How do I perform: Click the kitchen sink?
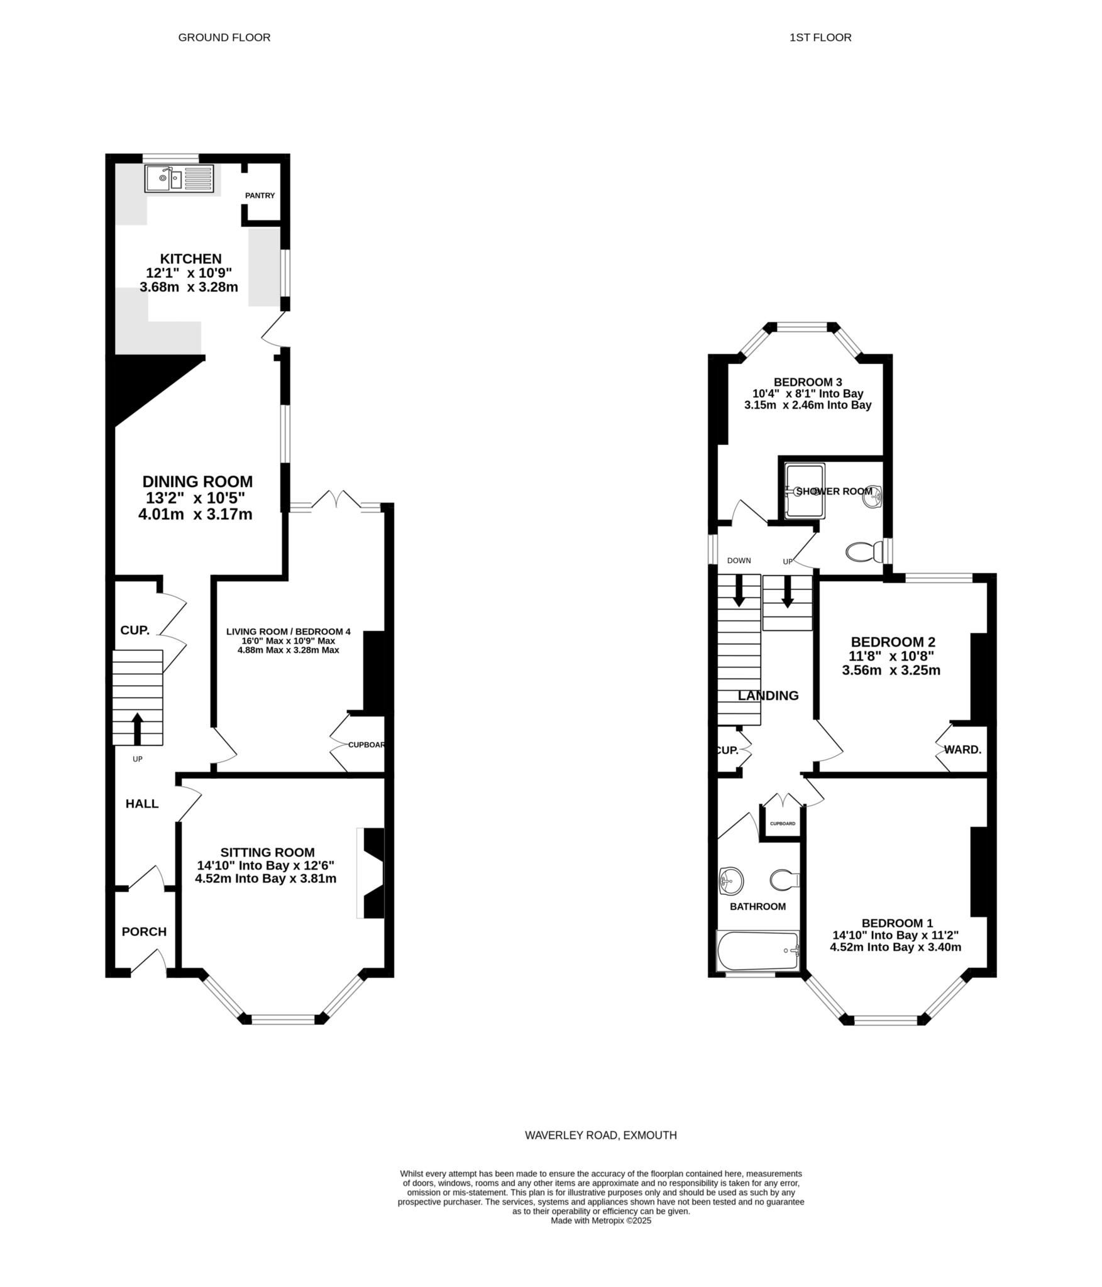point(180,178)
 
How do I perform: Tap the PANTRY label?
point(260,195)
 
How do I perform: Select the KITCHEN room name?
point(190,259)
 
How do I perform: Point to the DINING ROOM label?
point(197,481)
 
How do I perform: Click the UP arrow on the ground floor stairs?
point(137,728)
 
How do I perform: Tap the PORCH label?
point(144,931)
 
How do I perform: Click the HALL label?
point(142,804)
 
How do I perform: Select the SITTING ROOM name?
point(267,852)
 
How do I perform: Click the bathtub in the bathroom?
point(758,951)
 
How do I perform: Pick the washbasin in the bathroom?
point(730,880)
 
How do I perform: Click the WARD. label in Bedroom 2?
point(962,750)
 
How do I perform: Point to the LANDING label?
point(768,696)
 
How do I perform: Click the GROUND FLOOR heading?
point(224,38)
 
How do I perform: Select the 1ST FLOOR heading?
point(820,38)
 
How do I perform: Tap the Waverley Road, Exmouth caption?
point(601,1136)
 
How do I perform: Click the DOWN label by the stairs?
point(739,561)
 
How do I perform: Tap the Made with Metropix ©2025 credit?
point(601,1221)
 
